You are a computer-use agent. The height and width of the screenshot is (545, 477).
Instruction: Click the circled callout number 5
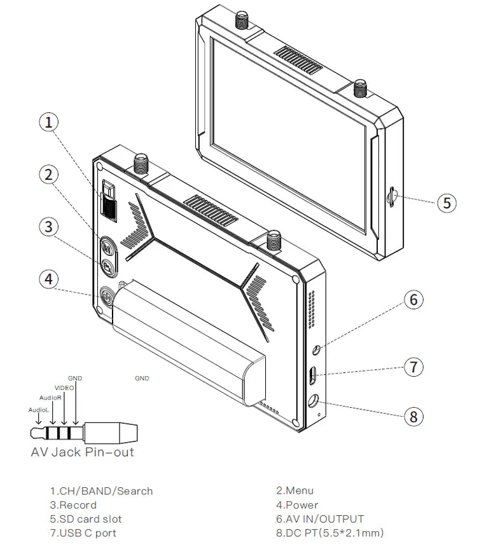pos(446,203)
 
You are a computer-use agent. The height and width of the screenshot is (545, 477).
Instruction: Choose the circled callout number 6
pos(414,299)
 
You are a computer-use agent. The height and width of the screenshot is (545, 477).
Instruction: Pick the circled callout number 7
pos(414,367)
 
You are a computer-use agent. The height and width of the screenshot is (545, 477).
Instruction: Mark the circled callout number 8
pos(414,416)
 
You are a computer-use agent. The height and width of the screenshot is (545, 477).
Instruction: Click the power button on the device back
pos(107,297)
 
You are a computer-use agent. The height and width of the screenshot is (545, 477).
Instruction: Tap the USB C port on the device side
pos(313,375)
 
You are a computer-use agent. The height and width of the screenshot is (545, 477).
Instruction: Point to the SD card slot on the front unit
pos(394,195)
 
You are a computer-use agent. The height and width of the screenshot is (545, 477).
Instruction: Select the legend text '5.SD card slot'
pos(86,519)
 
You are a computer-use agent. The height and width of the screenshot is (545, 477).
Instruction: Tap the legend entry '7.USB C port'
pos(83,533)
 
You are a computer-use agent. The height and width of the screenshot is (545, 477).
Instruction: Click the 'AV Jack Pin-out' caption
pos(83,452)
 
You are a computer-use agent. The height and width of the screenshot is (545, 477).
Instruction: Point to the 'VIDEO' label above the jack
pos(64,387)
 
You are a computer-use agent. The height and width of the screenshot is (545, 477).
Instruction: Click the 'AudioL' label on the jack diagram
pos(38,410)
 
